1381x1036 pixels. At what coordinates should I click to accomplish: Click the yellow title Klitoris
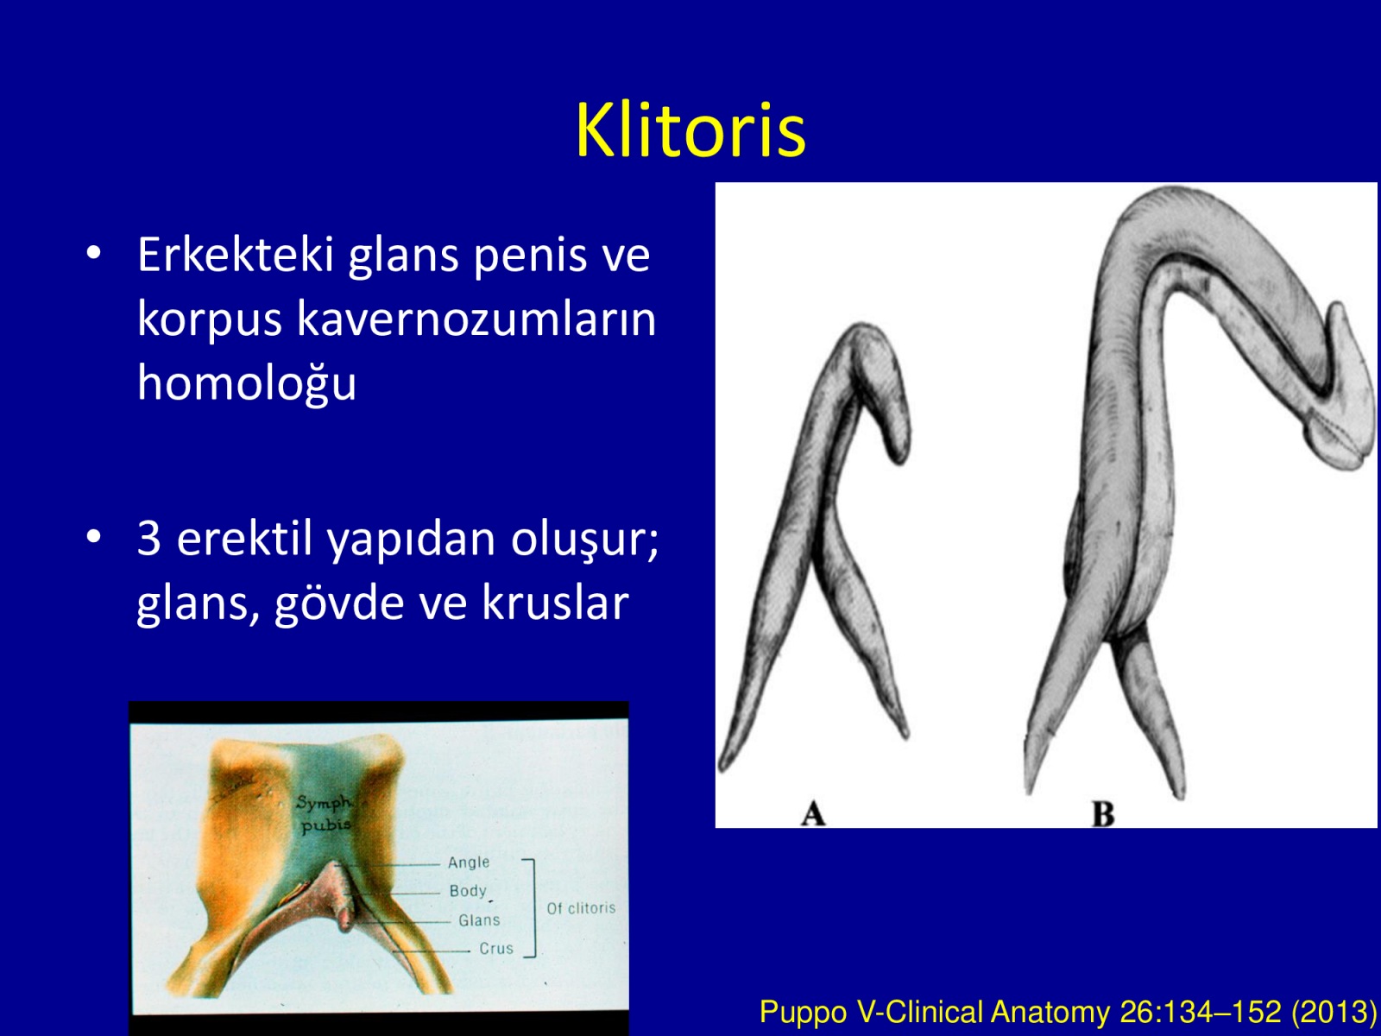(690, 130)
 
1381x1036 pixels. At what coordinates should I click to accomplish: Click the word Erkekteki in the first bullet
(236, 255)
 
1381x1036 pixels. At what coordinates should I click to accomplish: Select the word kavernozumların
(476, 319)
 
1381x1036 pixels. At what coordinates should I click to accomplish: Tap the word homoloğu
(247, 382)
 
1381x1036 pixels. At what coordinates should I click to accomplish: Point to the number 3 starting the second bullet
(149, 539)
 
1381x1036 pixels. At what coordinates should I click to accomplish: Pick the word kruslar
(556, 602)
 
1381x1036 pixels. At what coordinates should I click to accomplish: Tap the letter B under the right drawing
(1103, 814)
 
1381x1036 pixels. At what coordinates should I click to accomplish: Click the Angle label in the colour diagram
(468, 862)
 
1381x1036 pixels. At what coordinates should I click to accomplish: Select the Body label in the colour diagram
(468, 891)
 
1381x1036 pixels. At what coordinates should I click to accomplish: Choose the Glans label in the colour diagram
(479, 920)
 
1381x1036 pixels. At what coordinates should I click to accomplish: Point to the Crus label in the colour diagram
(496, 949)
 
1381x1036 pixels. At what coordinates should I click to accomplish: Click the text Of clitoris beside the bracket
(581, 907)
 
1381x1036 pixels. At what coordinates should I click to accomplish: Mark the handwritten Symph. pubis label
(324, 813)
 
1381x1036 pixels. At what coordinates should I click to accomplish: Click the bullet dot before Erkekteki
(94, 253)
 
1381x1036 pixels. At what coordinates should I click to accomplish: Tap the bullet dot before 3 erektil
(94, 536)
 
